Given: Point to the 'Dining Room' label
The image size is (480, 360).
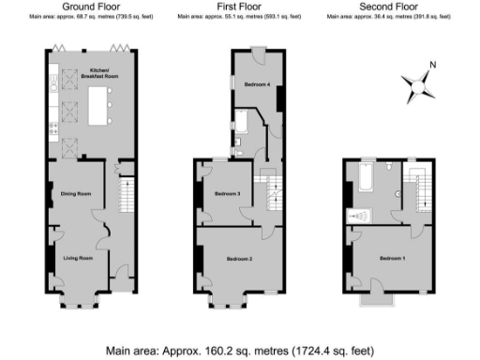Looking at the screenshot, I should tap(75, 194).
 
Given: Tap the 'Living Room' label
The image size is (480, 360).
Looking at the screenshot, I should tap(78, 257).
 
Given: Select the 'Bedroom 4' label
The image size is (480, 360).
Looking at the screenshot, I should tap(258, 85).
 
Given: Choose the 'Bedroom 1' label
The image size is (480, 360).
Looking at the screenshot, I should tap(392, 257).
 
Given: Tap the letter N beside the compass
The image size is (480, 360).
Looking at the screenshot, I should tap(431, 66).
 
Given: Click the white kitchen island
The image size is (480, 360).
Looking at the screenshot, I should tap(99, 105).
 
